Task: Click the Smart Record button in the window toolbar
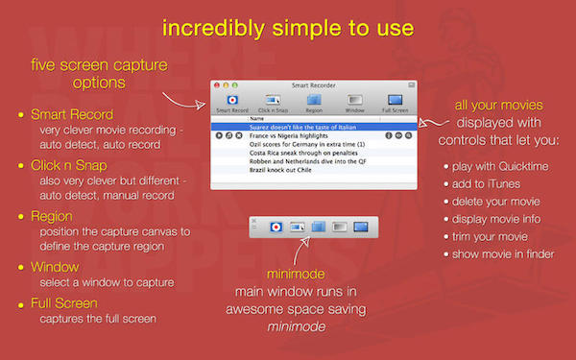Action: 230,103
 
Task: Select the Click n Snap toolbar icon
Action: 272,103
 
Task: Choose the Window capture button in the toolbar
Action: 354,103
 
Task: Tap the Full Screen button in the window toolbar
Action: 395,103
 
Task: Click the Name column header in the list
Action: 256,118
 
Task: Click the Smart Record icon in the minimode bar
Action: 275,227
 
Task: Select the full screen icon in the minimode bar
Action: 361,227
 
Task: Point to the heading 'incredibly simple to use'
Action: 288,28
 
